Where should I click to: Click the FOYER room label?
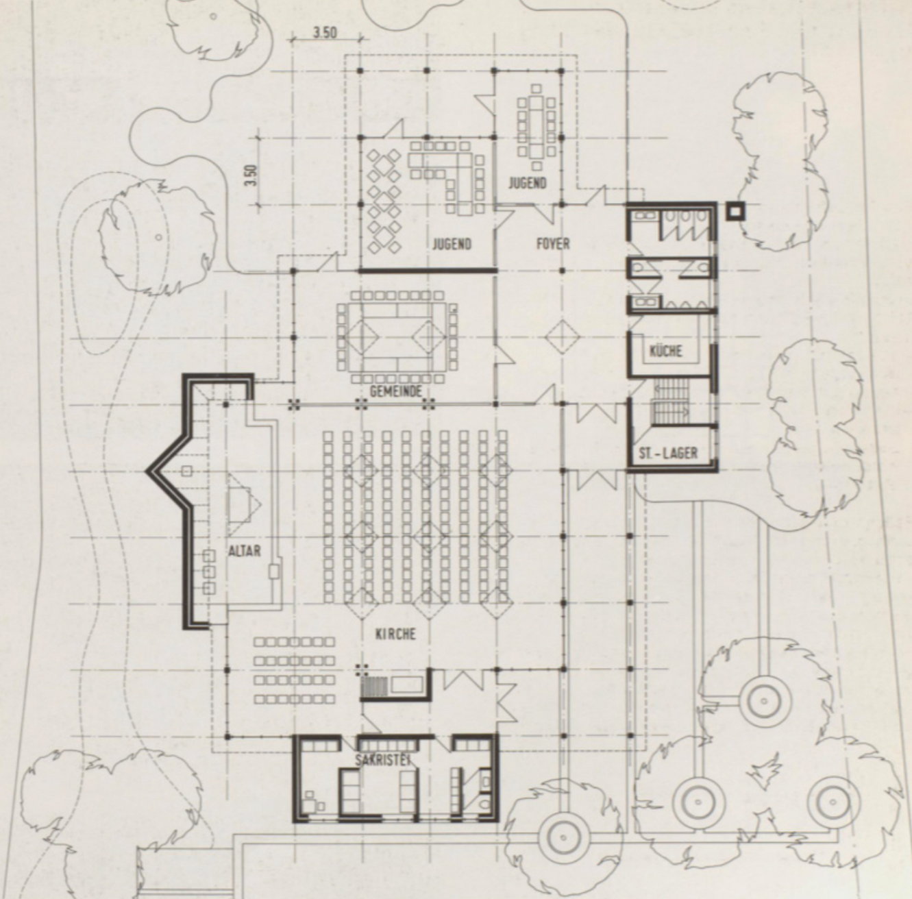pyautogui.click(x=553, y=244)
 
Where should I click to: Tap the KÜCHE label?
pyautogui.click(x=666, y=351)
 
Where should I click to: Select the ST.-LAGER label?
pyautogui.click(x=668, y=453)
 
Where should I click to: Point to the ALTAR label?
pyautogui.click(x=244, y=551)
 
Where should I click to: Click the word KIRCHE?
pyautogui.click(x=395, y=634)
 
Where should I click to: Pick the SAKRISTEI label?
pyautogui.click(x=382, y=760)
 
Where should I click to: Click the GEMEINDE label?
pyautogui.click(x=395, y=391)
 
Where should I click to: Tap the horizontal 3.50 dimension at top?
pyautogui.click(x=325, y=33)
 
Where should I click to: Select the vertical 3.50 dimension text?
pyautogui.click(x=251, y=175)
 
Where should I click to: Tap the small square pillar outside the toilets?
pyautogui.click(x=735, y=210)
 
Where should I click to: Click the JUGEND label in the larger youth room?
pyautogui.click(x=452, y=244)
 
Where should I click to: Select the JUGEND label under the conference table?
pyautogui.click(x=527, y=183)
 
